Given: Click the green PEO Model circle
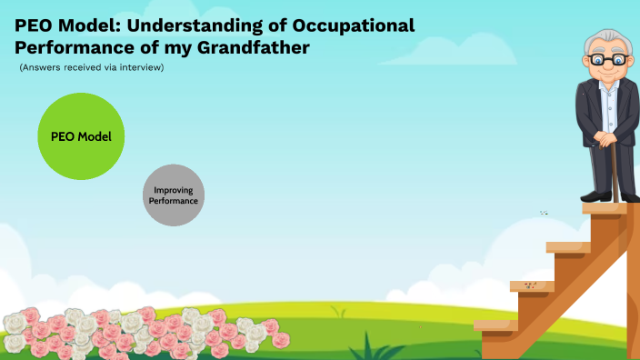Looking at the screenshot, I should click(81, 136).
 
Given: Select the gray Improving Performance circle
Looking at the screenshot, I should click(174, 195).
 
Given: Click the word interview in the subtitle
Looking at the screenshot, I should click(142, 68).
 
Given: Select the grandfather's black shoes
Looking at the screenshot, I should click(605, 195).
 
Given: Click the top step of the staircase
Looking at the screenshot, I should click(605, 208).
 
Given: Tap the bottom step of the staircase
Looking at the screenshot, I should click(495, 325).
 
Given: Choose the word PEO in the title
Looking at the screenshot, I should click(35, 25).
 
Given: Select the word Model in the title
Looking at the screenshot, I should click(87, 25).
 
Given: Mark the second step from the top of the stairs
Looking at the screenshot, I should click(568, 246).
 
